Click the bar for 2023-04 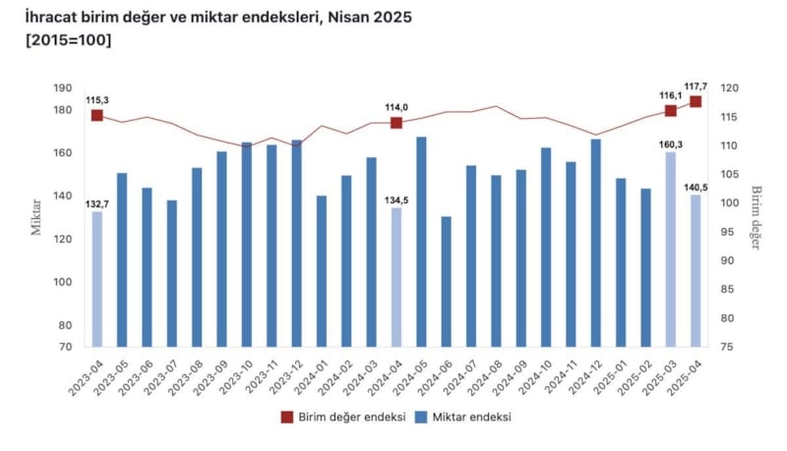pyautogui.click(x=97, y=279)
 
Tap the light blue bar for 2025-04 pyautogui.click(x=696, y=270)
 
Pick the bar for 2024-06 pyautogui.click(x=447, y=281)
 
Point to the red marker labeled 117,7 pyautogui.click(x=696, y=101)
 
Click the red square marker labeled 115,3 pyautogui.click(x=97, y=115)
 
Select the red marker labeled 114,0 pyautogui.click(x=396, y=123)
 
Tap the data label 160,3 pyautogui.click(x=671, y=142)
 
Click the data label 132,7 pyautogui.click(x=97, y=203)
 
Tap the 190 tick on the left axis pyautogui.click(x=64, y=87)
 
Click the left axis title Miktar pyautogui.click(x=35, y=217)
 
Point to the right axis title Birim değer pyautogui.click(x=757, y=217)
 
